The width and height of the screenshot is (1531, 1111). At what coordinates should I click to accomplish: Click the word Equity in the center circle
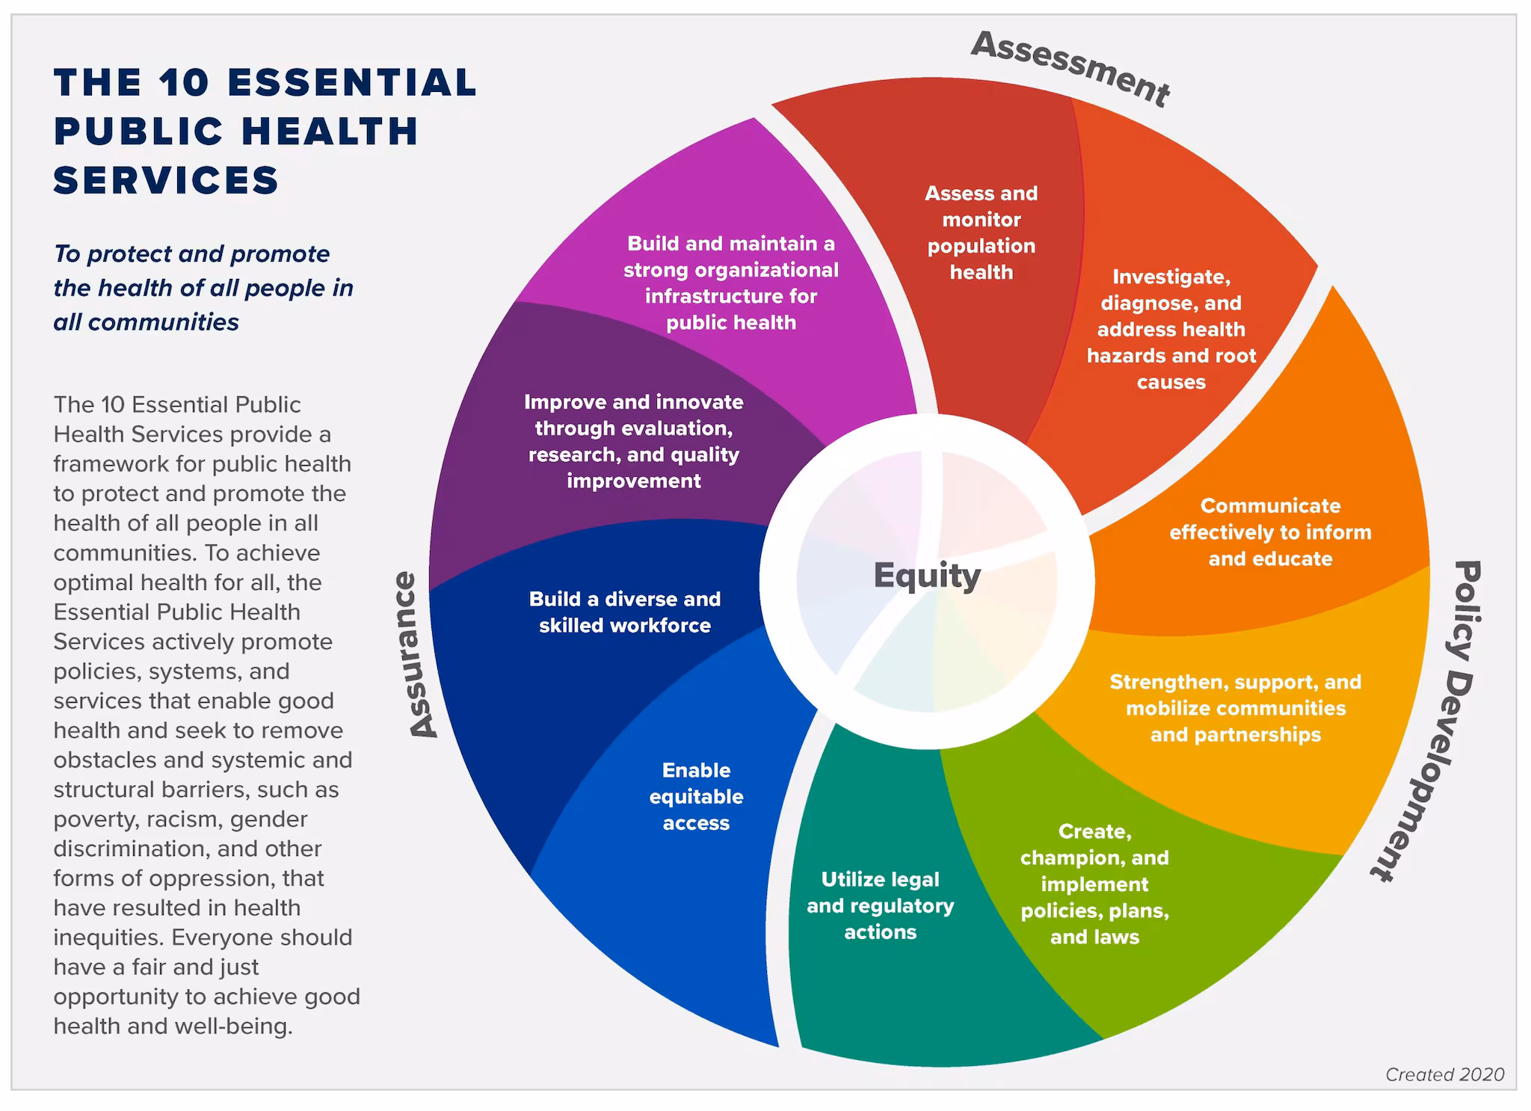(927, 576)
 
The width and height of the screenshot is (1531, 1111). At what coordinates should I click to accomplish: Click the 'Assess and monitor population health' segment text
(981, 233)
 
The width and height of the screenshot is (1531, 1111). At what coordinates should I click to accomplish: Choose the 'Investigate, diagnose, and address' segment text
(1171, 329)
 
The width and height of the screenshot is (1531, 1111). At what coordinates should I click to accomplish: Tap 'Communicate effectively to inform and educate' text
(1270, 532)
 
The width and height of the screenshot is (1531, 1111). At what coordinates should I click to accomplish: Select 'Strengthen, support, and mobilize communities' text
(1235, 708)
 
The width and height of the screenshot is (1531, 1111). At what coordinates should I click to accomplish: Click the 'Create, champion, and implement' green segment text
(1094, 884)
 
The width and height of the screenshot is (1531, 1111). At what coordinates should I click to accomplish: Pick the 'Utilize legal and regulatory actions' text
(880, 905)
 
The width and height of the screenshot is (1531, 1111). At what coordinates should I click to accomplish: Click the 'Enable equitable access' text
(696, 796)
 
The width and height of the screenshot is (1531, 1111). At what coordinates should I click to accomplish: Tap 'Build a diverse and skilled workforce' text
(625, 612)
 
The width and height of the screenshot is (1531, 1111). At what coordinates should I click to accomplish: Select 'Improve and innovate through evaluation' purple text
(633, 441)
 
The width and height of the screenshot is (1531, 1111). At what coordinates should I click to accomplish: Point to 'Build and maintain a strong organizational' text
(730, 283)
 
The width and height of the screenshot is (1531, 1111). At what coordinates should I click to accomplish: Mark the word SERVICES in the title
(166, 180)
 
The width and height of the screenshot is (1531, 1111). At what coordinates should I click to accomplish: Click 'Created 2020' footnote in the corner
(1444, 1074)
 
